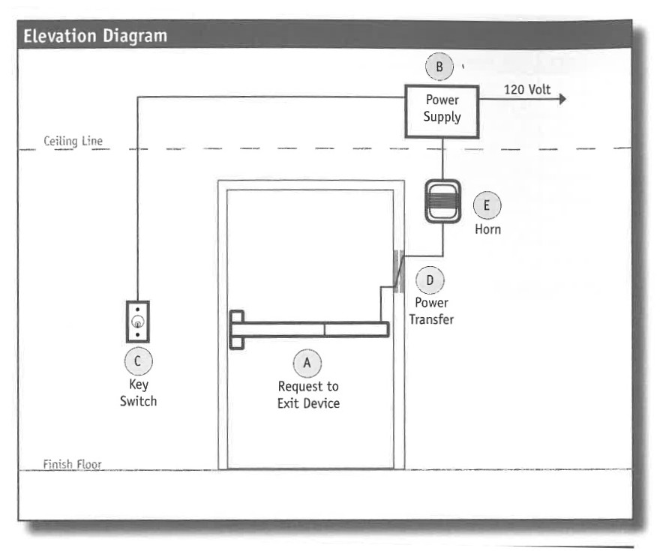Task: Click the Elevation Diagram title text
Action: pos(95,36)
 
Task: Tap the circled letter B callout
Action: pos(439,67)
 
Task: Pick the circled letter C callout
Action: pos(138,361)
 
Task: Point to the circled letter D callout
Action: pos(430,280)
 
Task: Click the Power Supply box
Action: pos(442,110)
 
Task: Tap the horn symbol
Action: pos(442,201)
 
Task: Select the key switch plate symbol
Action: pos(138,322)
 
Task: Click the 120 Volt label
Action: pos(526,90)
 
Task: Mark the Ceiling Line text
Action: pos(73,140)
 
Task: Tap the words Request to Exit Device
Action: pos(307,395)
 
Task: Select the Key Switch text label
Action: pos(138,393)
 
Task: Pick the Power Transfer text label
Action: pos(430,311)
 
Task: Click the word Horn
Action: pos(487,229)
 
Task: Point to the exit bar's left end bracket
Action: pos(237,330)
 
